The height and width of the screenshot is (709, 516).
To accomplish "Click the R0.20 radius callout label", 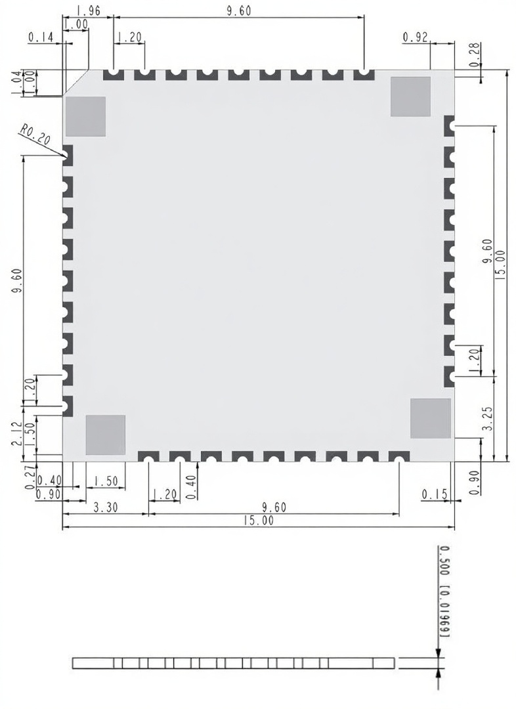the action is (35, 135).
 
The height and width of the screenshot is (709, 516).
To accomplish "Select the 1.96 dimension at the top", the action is (89, 11).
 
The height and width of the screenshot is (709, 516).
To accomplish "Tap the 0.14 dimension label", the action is (41, 37).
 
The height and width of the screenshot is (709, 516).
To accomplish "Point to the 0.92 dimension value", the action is (415, 37).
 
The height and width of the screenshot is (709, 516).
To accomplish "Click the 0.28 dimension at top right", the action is (475, 55).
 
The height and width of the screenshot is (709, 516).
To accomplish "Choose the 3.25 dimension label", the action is (488, 418).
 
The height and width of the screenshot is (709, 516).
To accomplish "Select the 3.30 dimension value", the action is (106, 507).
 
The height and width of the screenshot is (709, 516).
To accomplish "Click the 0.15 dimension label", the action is (434, 494).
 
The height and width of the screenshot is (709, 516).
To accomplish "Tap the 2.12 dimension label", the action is (16, 433).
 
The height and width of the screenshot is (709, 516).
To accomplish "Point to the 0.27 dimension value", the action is (30, 477).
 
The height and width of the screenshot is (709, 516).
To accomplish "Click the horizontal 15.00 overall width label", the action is (259, 521).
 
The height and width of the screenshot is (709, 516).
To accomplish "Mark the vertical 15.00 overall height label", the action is (500, 265).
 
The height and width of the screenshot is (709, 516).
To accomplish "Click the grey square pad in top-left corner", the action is (85, 116).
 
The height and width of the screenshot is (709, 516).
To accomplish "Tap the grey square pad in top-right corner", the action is (410, 97).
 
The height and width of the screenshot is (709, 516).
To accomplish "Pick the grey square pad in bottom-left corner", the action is (106, 435).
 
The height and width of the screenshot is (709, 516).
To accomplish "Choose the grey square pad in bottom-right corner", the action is (431, 418).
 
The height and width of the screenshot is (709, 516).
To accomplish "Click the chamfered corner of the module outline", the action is (75, 83).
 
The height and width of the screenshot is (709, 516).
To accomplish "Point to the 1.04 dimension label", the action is (16, 83).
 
